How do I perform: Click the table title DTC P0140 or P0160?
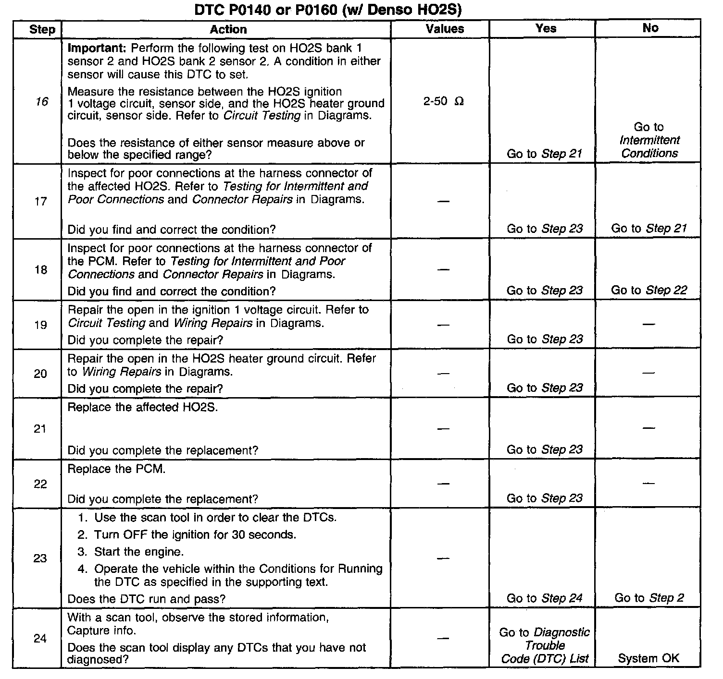[x=328, y=10]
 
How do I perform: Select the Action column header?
[x=228, y=29]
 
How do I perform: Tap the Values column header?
[x=445, y=29]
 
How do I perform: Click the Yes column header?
[x=546, y=28]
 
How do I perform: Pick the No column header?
[x=650, y=28]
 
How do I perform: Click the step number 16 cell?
[x=42, y=102]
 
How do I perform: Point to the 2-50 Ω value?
[x=443, y=102]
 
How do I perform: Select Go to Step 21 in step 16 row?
[x=544, y=154]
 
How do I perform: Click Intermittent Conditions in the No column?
[x=649, y=146]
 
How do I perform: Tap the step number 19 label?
[x=40, y=325]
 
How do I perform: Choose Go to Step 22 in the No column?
[x=649, y=290]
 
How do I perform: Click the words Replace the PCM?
[x=116, y=469]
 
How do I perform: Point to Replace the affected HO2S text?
[x=142, y=407]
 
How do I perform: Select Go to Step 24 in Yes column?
[x=544, y=598]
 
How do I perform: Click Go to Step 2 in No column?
[x=649, y=598]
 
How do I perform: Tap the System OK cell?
[x=648, y=658]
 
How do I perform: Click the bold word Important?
[x=97, y=48]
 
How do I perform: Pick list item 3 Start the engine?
[x=138, y=552]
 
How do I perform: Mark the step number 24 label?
[x=40, y=639]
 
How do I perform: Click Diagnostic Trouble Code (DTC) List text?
[x=545, y=645]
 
